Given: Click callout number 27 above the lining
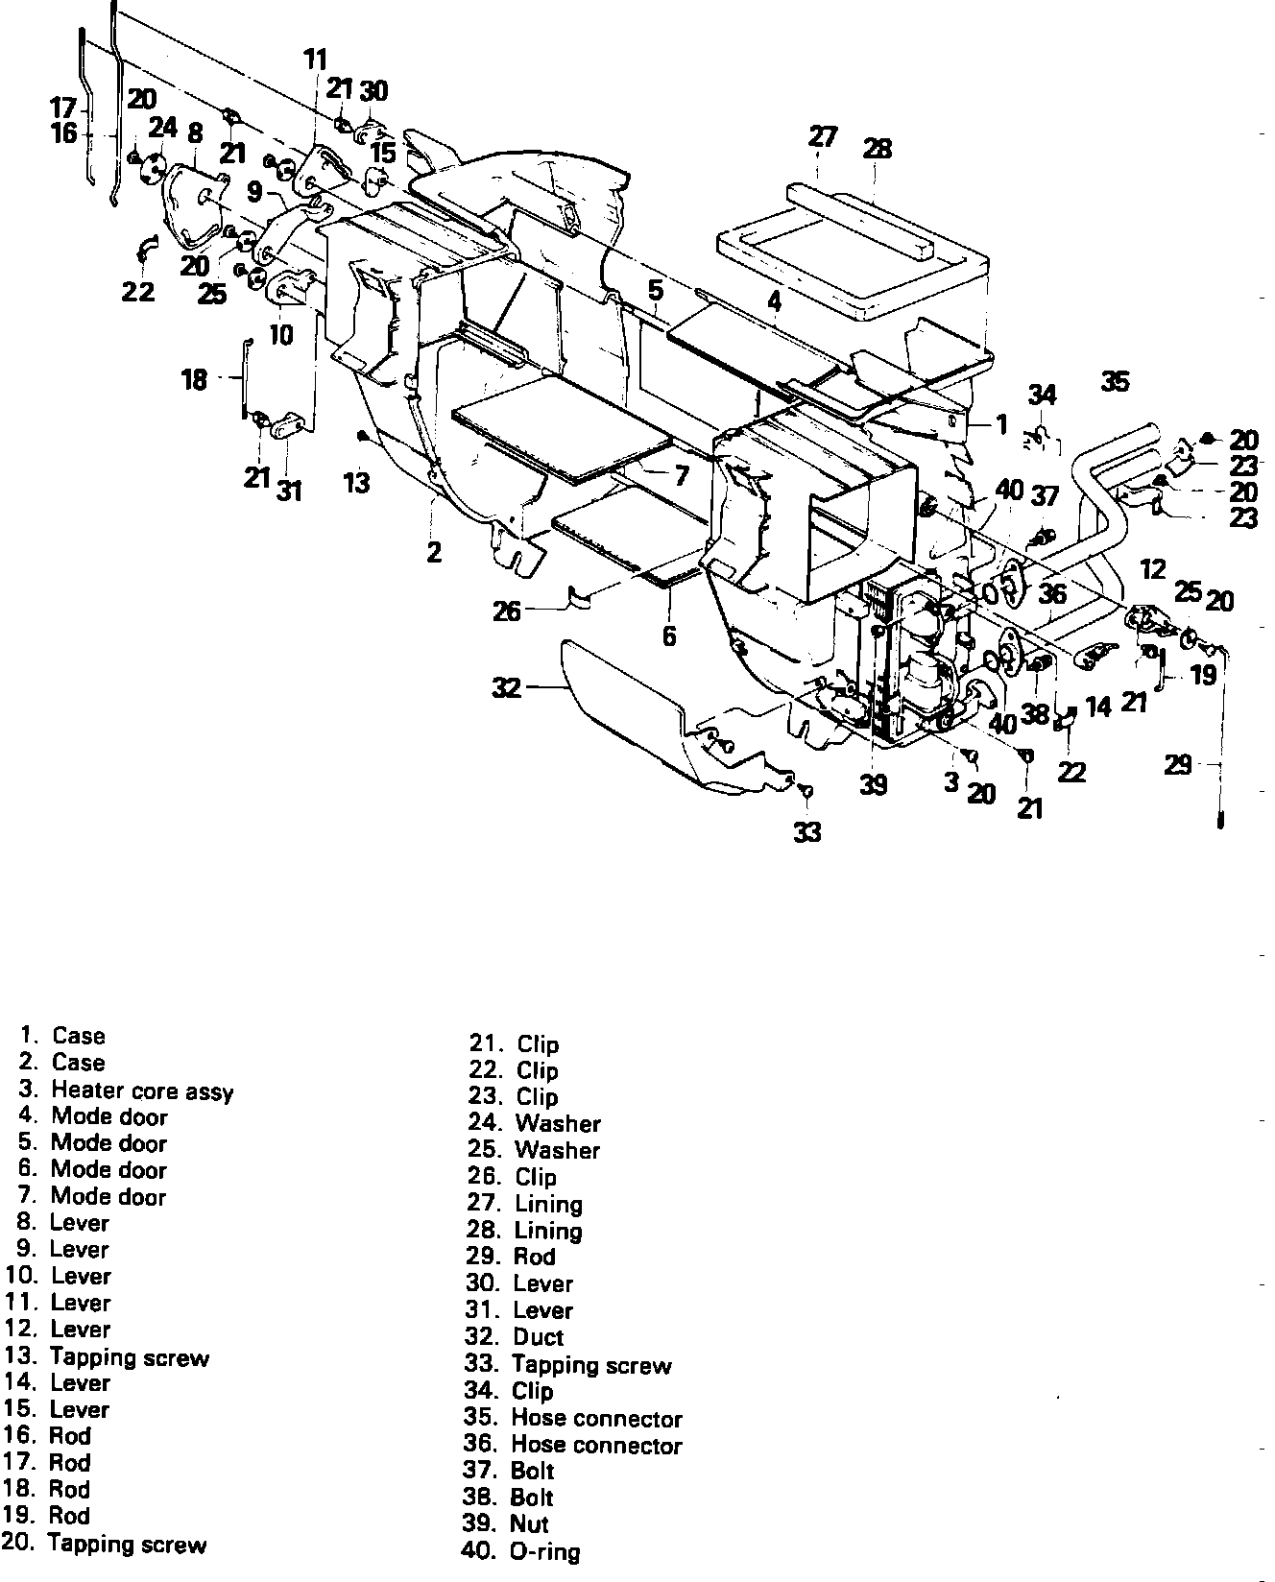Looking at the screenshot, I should tap(822, 137).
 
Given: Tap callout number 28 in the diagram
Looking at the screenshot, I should tap(877, 149).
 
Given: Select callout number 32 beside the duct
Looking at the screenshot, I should tap(506, 688).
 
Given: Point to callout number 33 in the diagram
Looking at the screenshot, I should tap(807, 832).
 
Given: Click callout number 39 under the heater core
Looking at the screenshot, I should tap(873, 785).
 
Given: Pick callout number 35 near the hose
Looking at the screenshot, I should tap(1115, 382).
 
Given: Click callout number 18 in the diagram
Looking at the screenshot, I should tap(194, 380).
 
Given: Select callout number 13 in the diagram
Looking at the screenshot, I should tap(356, 482).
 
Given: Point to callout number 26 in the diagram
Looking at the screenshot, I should tap(507, 610).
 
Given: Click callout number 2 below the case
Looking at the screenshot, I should tap(434, 552).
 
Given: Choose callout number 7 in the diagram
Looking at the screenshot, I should tap(682, 475).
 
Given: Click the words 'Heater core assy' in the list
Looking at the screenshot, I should tap(142, 1091).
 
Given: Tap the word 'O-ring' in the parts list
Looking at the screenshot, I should tap(545, 1551).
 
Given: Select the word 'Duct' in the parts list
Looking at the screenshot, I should tap(539, 1337).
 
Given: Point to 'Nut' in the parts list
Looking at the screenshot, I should tap(530, 1523).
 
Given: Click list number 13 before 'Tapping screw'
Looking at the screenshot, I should tap(19, 1356).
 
